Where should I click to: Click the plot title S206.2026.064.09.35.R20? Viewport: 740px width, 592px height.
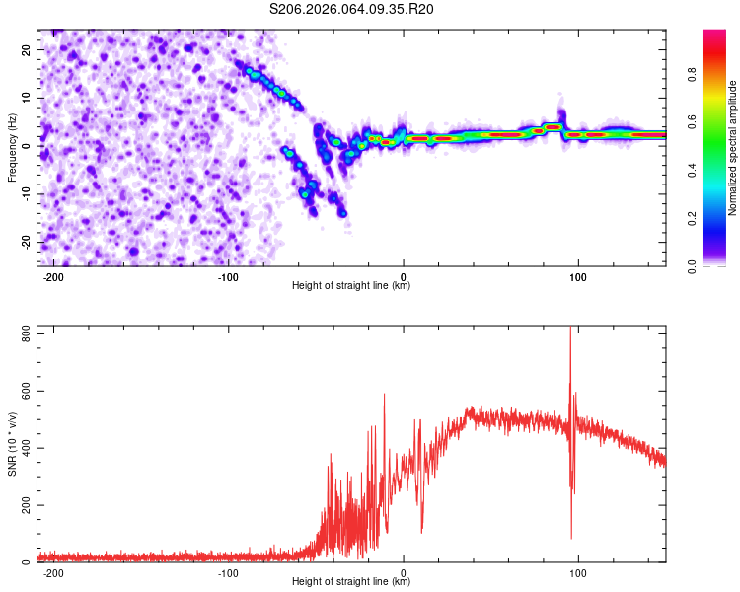tap(352, 9)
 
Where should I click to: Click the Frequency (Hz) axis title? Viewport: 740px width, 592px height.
tap(13, 148)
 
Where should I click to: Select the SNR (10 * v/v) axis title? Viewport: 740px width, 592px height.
tap(13, 444)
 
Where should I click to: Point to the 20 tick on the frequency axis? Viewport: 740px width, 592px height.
tap(27, 49)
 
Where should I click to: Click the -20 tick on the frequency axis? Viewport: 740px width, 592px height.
tap(25, 242)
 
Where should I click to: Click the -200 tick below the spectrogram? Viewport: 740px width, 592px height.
tap(54, 276)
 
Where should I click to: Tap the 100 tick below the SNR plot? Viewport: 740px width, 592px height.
tap(578, 572)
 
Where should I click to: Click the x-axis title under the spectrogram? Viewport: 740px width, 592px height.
tap(351, 286)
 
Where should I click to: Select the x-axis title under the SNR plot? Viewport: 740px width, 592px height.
tap(351, 582)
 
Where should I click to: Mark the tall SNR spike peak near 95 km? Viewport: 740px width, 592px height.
tap(570, 329)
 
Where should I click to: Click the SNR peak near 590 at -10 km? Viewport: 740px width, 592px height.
tap(385, 395)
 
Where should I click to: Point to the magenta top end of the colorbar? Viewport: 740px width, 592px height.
tap(713, 34)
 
